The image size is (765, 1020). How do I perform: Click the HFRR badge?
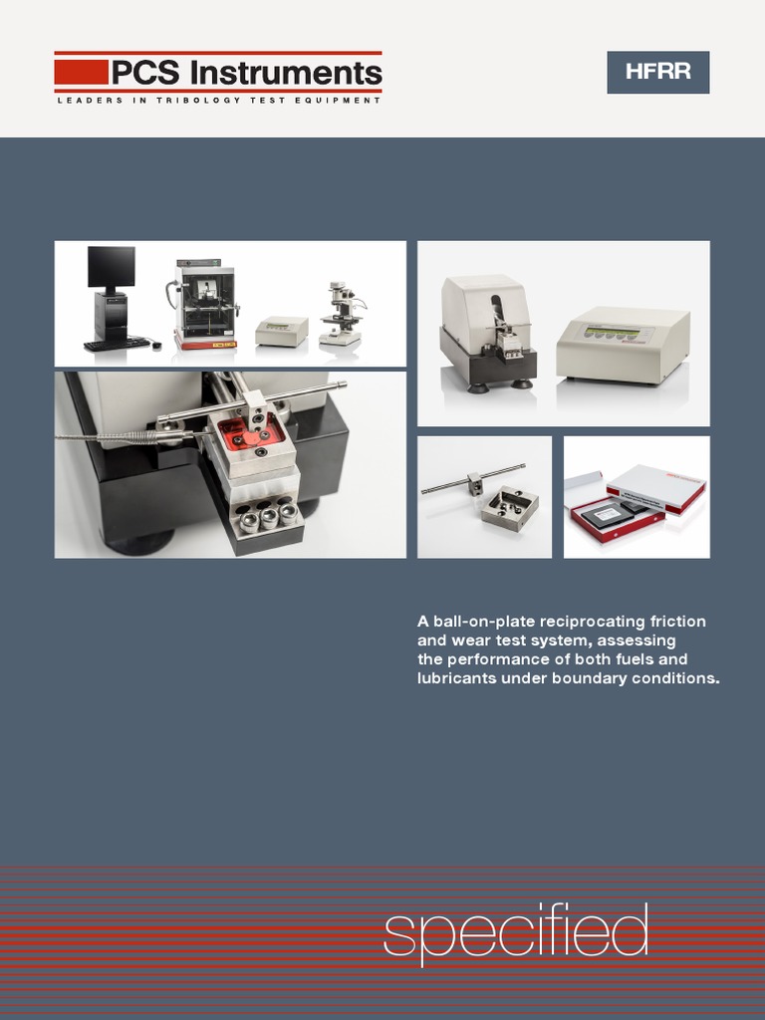point(657,72)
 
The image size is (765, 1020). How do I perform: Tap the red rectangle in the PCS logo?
point(81,72)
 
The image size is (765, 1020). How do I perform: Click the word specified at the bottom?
point(516,933)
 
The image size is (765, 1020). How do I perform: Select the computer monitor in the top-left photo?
point(111,267)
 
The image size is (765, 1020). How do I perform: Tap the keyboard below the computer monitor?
point(117,345)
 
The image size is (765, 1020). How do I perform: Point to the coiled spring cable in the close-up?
point(120,436)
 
